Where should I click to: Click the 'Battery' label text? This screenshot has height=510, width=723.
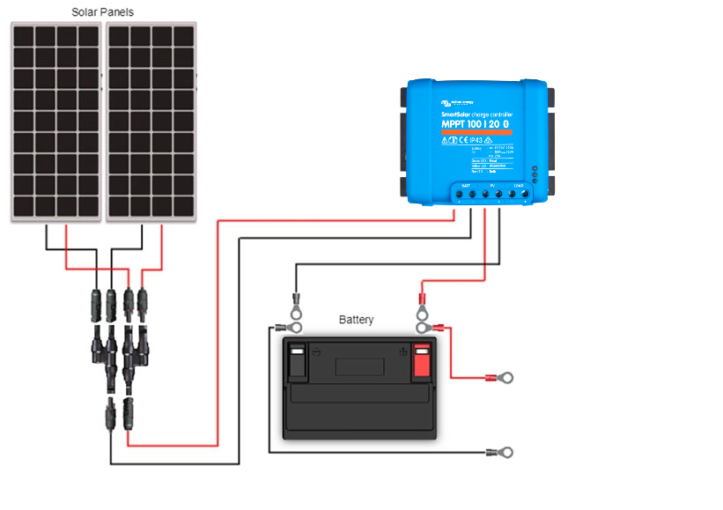357,320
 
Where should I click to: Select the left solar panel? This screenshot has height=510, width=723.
56,122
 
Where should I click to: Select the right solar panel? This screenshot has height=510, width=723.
151,122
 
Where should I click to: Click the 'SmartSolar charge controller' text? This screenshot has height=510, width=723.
476,114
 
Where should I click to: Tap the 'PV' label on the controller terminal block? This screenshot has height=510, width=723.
492,185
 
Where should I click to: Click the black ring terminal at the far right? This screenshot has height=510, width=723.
505,453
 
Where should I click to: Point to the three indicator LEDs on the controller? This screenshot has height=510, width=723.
534,171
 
